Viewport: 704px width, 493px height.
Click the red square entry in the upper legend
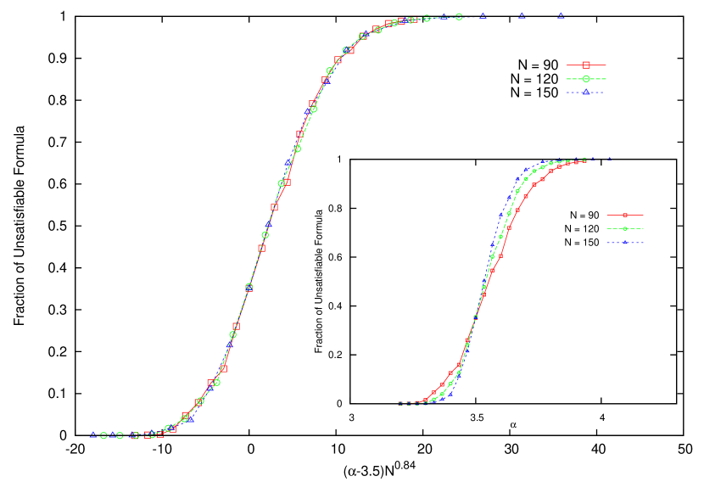pos(586,65)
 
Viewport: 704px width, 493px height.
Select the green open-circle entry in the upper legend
pos(586,79)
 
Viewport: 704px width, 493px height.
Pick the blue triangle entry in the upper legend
pos(586,92)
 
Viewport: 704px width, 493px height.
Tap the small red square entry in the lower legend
pos(625,216)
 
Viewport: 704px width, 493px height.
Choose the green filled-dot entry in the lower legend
pos(625,229)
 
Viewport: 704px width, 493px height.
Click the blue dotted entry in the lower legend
pos(625,243)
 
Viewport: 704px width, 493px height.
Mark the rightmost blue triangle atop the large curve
pos(561,15)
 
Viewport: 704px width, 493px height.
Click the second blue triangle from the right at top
pos(522,15)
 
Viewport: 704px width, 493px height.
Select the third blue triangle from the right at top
pos(483,15)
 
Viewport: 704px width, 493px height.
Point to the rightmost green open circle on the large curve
pos(459,16)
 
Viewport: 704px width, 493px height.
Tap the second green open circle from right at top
pos(427,18)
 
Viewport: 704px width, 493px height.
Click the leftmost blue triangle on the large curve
pos(93,434)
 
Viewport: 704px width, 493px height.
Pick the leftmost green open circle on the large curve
pos(103,435)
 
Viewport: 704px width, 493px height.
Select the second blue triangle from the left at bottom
pos(112,434)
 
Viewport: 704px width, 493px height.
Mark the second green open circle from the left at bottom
pos(120,435)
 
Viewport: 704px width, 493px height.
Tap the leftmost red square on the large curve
pos(148,435)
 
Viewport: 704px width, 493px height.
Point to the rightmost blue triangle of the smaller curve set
pos(608,159)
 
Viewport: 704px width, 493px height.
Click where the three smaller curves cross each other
pos(476,317)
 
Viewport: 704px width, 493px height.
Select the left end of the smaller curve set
pos(399,403)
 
